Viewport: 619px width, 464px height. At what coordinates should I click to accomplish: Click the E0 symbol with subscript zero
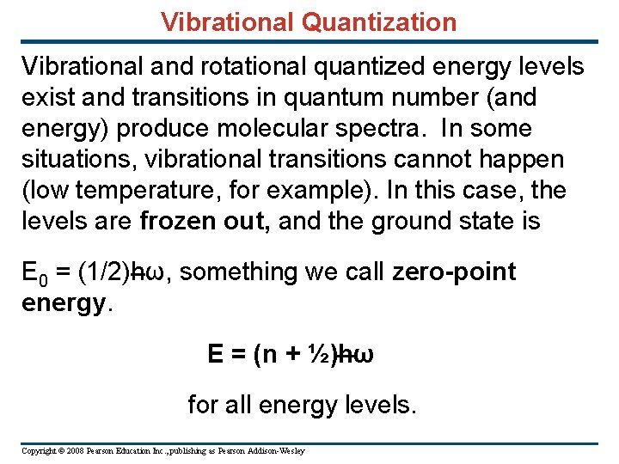[33, 273]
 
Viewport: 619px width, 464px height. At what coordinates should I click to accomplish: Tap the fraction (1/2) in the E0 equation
[104, 272]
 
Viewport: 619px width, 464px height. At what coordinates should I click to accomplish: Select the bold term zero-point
[454, 272]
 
